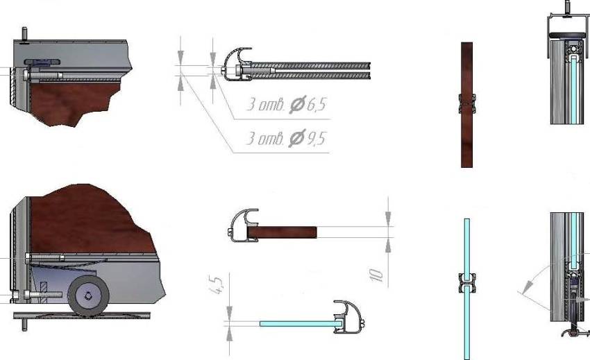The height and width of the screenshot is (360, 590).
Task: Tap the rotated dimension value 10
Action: point(377,274)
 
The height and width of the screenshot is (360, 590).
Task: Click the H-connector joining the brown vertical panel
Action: point(466,103)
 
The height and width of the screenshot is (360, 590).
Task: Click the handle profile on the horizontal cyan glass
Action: point(345,318)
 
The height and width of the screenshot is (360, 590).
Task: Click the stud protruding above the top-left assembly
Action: point(25,34)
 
